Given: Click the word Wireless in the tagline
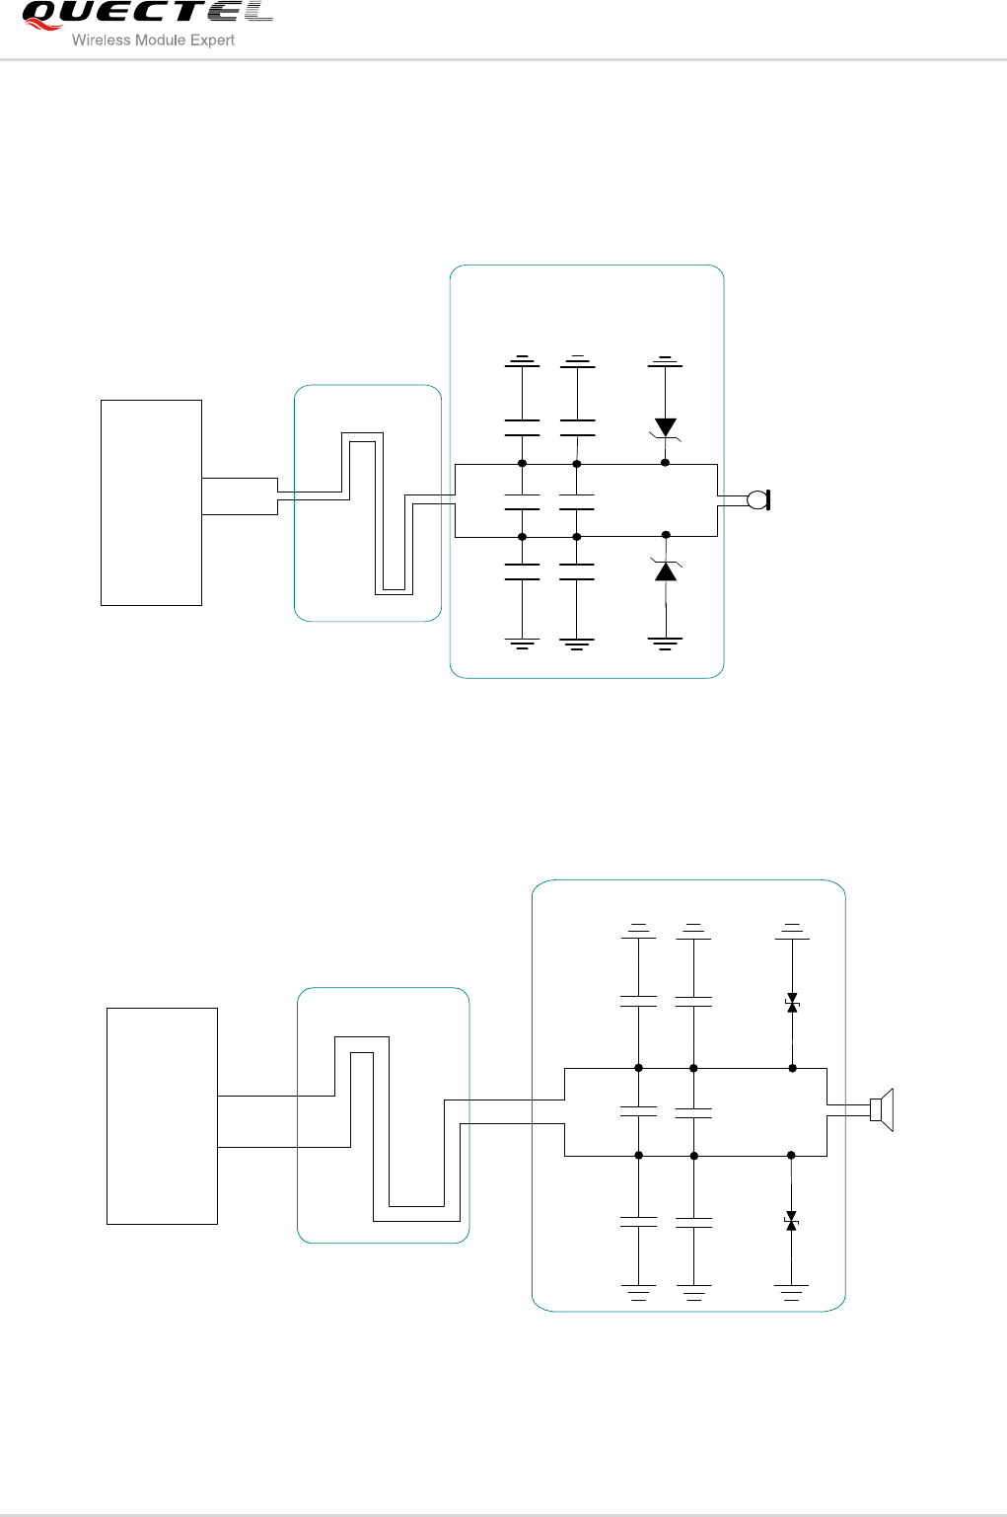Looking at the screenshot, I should click(101, 40).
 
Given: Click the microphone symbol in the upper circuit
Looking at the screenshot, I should click(758, 500).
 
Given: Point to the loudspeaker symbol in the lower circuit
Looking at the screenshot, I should click(882, 1110).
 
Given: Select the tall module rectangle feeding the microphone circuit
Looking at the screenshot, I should click(151, 502).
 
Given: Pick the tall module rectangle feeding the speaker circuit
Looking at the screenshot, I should click(162, 1116).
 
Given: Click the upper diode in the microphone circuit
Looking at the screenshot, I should click(666, 427).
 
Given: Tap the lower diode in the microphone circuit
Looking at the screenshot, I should click(667, 570).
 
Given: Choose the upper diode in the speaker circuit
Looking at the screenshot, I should click(792, 1003).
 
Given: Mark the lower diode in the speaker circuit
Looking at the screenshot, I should click(792, 1221).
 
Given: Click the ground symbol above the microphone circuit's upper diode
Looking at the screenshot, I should click(666, 361).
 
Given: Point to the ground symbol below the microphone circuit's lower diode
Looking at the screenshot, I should click(666, 644).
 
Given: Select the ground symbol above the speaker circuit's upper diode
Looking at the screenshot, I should click(792, 930).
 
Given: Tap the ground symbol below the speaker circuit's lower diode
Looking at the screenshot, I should click(792, 1291).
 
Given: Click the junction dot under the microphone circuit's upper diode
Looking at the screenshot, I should click(666, 463).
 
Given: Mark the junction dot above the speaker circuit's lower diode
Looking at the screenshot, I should click(791, 1155).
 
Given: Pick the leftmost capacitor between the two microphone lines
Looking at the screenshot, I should click(522, 502).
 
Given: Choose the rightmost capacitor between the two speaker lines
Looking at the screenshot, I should click(693, 1111).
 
